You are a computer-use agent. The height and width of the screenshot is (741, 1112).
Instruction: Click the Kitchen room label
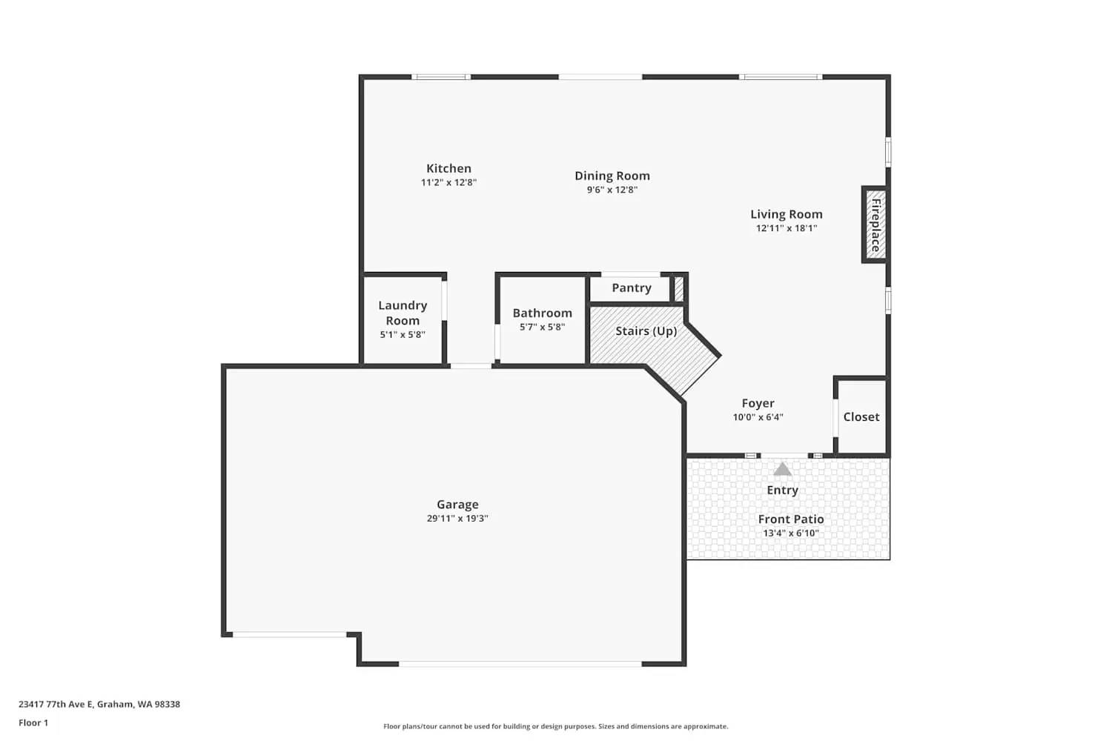pyautogui.click(x=449, y=169)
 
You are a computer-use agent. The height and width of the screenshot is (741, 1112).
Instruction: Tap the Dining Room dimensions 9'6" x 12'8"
pyautogui.click(x=612, y=190)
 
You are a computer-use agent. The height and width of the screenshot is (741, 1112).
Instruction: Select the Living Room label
pyautogui.click(x=786, y=214)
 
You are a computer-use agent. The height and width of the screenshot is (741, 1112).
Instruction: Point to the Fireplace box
pyautogui.click(x=875, y=225)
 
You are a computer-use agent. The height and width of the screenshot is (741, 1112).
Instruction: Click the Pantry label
pyautogui.click(x=631, y=288)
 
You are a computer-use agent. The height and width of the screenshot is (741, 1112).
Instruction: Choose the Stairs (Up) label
pyautogui.click(x=646, y=331)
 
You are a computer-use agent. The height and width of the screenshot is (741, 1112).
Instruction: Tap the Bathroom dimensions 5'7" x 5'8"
pyautogui.click(x=542, y=327)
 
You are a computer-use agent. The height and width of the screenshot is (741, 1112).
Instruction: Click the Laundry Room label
pyautogui.click(x=403, y=313)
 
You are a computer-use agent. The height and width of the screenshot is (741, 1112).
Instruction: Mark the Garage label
pyautogui.click(x=457, y=505)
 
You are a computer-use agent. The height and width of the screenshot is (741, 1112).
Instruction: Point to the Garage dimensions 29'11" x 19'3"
pyautogui.click(x=457, y=519)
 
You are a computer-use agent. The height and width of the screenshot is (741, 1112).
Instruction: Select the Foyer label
pyautogui.click(x=758, y=404)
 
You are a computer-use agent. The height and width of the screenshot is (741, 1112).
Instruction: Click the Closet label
pyautogui.click(x=861, y=417)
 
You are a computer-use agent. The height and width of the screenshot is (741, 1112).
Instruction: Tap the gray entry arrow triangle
pyautogui.click(x=783, y=470)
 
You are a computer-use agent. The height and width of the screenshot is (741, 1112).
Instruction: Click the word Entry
pyautogui.click(x=782, y=491)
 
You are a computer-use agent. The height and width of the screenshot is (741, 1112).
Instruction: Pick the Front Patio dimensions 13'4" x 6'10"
pyautogui.click(x=791, y=534)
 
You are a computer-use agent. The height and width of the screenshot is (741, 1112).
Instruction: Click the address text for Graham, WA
pyautogui.click(x=99, y=705)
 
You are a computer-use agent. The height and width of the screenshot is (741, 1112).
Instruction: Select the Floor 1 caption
pyautogui.click(x=33, y=723)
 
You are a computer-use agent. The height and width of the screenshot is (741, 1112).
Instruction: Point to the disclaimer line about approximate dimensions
pyautogui.click(x=555, y=727)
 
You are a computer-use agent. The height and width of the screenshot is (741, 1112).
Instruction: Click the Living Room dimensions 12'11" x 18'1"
pyautogui.click(x=786, y=228)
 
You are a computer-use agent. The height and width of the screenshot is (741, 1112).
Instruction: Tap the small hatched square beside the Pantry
pyautogui.click(x=678, y=288)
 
